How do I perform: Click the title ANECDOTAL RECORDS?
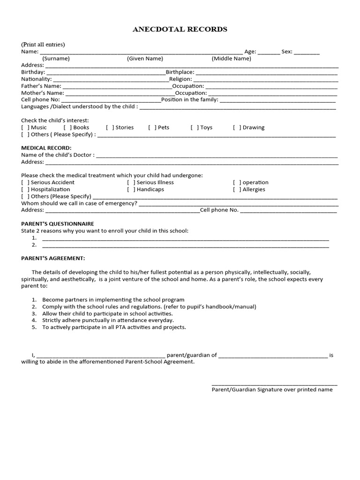pos(180,29)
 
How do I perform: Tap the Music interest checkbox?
pos(25,127)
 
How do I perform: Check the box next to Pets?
pos(152,127)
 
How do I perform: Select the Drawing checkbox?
pos(237,127)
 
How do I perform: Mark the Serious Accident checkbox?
pos(25,182)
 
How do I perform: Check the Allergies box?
pos(237,189)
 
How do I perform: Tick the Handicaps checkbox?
pos(131,189)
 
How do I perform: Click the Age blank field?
pos(268,52)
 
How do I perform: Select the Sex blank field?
pos(307,52)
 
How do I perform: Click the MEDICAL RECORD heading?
pos(46,148)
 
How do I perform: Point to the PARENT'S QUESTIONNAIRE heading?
pos(58,224)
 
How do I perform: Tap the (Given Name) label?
pos(145,59)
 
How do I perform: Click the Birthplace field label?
pos(180,72)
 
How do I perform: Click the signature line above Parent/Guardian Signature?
pos(274,384)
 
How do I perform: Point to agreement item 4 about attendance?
pos(108,320)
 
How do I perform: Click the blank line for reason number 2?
pos(185,245)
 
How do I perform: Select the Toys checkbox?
pos(195,127)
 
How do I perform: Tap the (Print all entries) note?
pos(43,45)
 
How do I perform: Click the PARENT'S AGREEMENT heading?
pos(53,258)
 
